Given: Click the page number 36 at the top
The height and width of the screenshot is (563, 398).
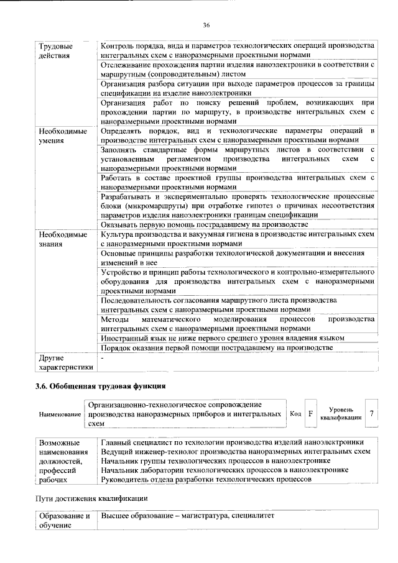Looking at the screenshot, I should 206,25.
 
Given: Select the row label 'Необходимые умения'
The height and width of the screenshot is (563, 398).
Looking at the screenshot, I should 62,136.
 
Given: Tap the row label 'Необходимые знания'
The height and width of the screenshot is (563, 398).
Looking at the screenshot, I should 62,240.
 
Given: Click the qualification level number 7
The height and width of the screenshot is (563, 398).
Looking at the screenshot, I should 372,414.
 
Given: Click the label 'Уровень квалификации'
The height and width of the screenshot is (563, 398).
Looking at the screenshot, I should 341,414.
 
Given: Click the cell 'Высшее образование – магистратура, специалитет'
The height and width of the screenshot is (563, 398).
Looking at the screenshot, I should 187,517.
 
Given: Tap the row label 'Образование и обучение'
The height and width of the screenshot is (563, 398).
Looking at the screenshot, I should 65,521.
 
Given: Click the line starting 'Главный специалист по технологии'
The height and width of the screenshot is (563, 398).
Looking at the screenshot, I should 232,442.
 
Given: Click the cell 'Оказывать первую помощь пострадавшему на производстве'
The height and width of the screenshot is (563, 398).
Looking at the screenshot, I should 205,224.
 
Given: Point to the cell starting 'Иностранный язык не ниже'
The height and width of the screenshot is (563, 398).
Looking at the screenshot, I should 222,337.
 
